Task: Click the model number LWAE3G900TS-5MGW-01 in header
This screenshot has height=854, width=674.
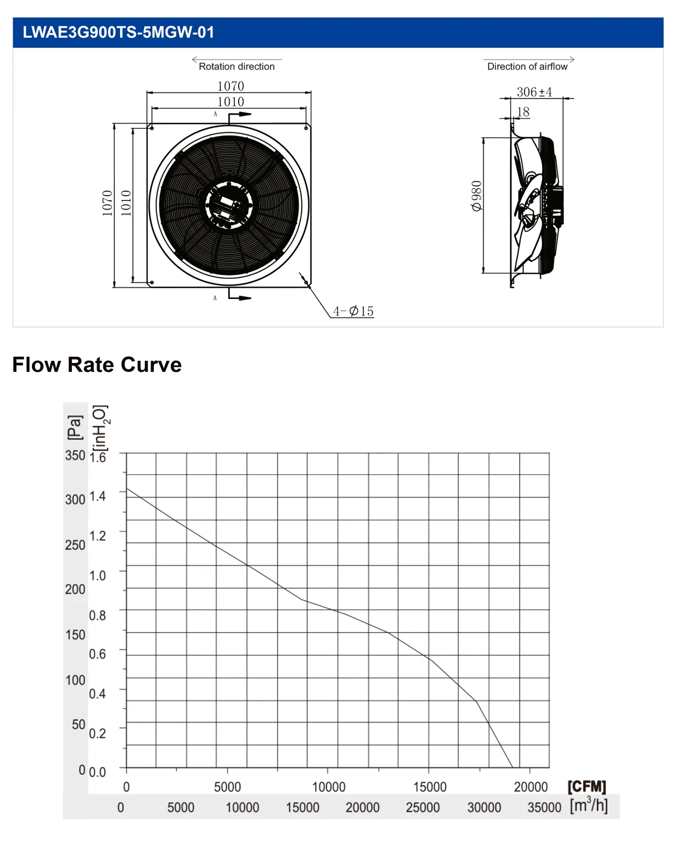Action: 118,32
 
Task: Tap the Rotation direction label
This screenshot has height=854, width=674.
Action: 236,66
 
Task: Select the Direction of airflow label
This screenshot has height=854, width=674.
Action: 527,66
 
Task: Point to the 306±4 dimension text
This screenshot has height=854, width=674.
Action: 534,92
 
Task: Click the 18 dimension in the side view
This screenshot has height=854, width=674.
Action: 523,112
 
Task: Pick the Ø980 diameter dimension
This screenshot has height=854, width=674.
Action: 477,196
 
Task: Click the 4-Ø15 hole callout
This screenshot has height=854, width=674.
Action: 353,311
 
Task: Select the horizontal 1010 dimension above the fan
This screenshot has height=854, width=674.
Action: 230,102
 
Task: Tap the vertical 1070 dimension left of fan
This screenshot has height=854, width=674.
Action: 107,203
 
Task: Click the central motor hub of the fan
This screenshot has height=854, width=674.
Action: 229,206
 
